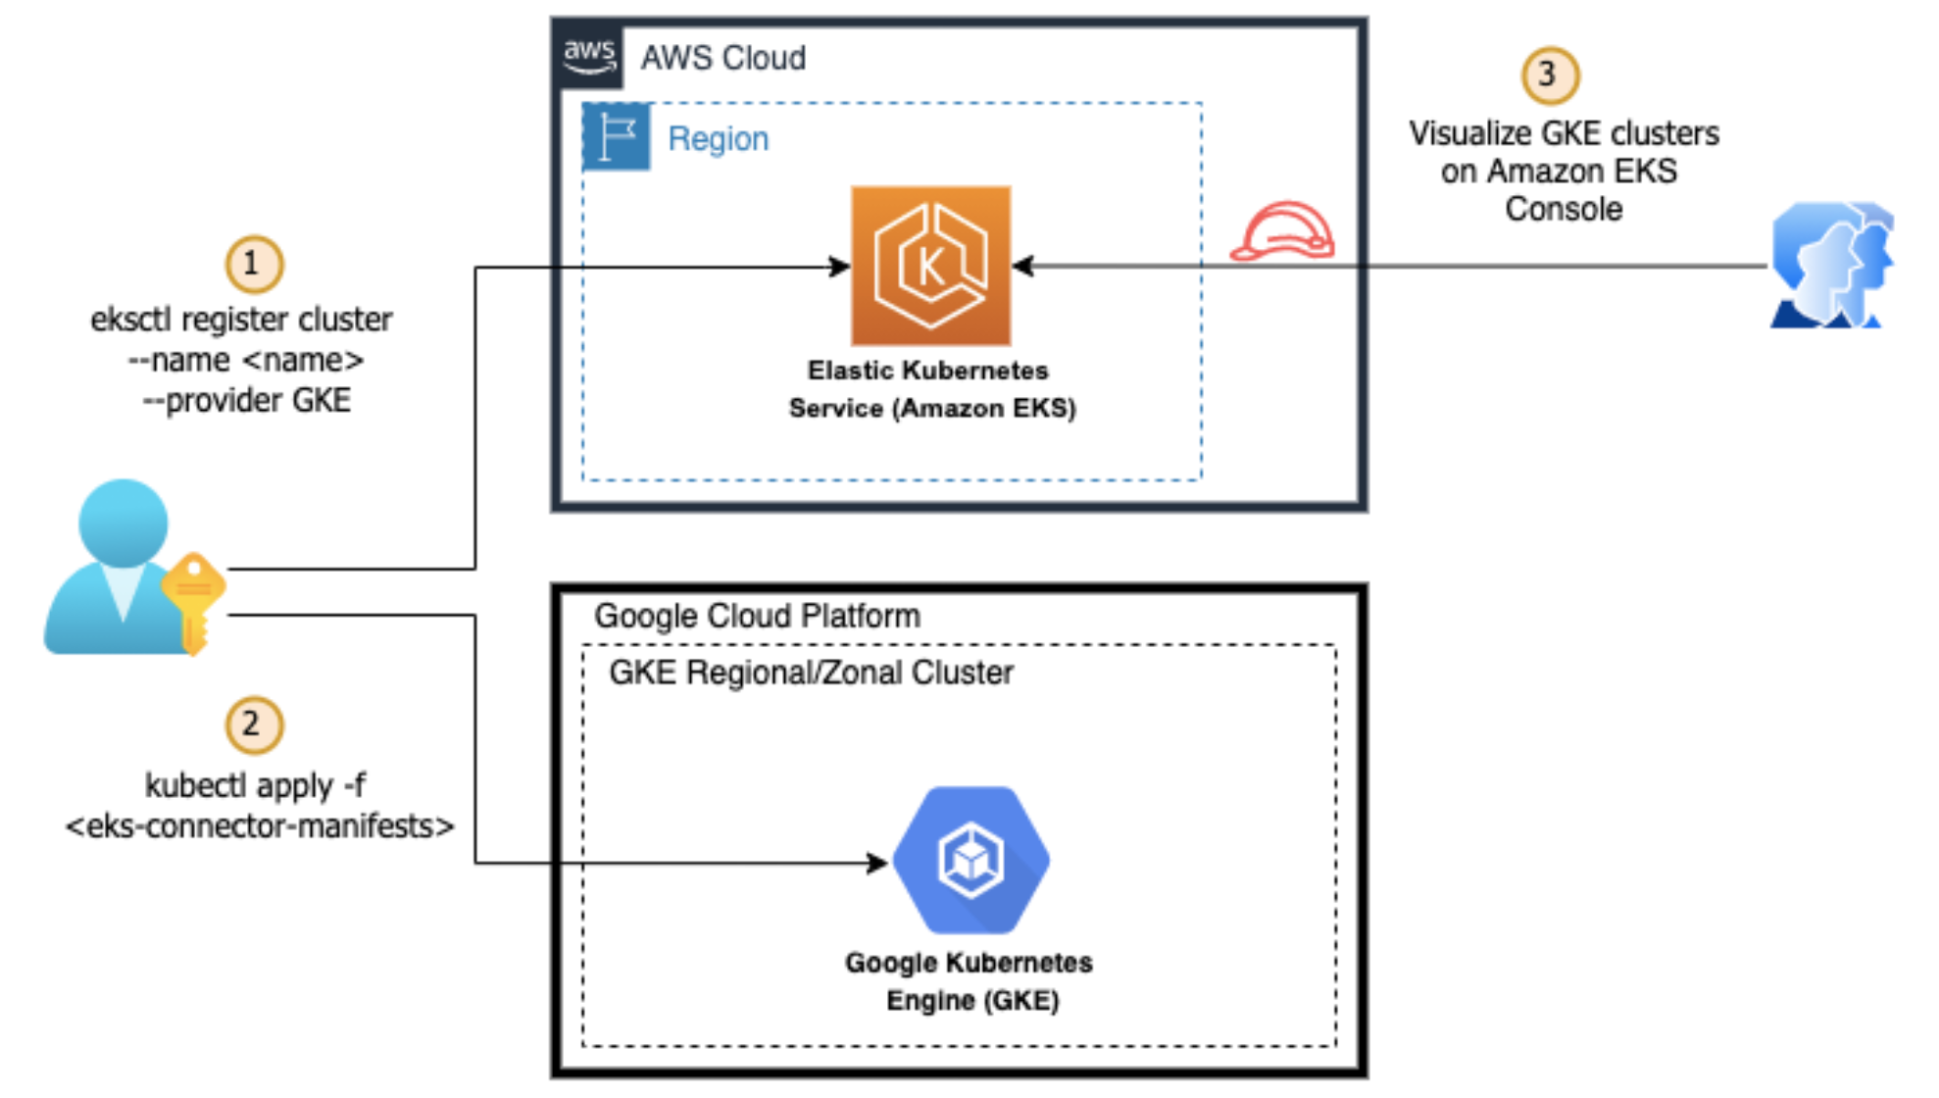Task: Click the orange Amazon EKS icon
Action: click(930, 266)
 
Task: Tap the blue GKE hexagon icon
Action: click(970, 860)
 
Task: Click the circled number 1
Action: click(254, 264)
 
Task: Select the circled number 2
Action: click(254, 724)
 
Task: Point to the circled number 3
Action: click(1550, 75)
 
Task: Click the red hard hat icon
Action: click(1282, 232)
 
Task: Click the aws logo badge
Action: click(589, 55)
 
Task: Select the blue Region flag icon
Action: click(617, 136)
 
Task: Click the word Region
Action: click(718, 139)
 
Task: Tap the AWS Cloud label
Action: click(723, 59)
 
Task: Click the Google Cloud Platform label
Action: click(757, 616)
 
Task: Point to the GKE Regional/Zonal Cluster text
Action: click(811, 673)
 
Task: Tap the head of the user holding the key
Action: click(123, 523)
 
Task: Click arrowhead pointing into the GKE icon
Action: click(877, 863)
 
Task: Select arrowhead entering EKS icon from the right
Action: click(1023, 266)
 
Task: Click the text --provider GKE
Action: click(247, 400)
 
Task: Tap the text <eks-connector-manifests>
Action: click(260, 826)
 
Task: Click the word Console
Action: click(1564, 209)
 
